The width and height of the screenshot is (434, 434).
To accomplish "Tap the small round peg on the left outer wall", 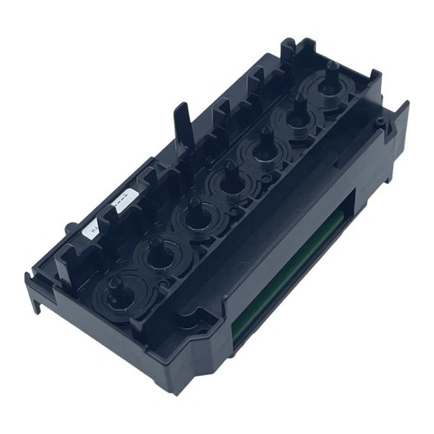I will tap(69, 227).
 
